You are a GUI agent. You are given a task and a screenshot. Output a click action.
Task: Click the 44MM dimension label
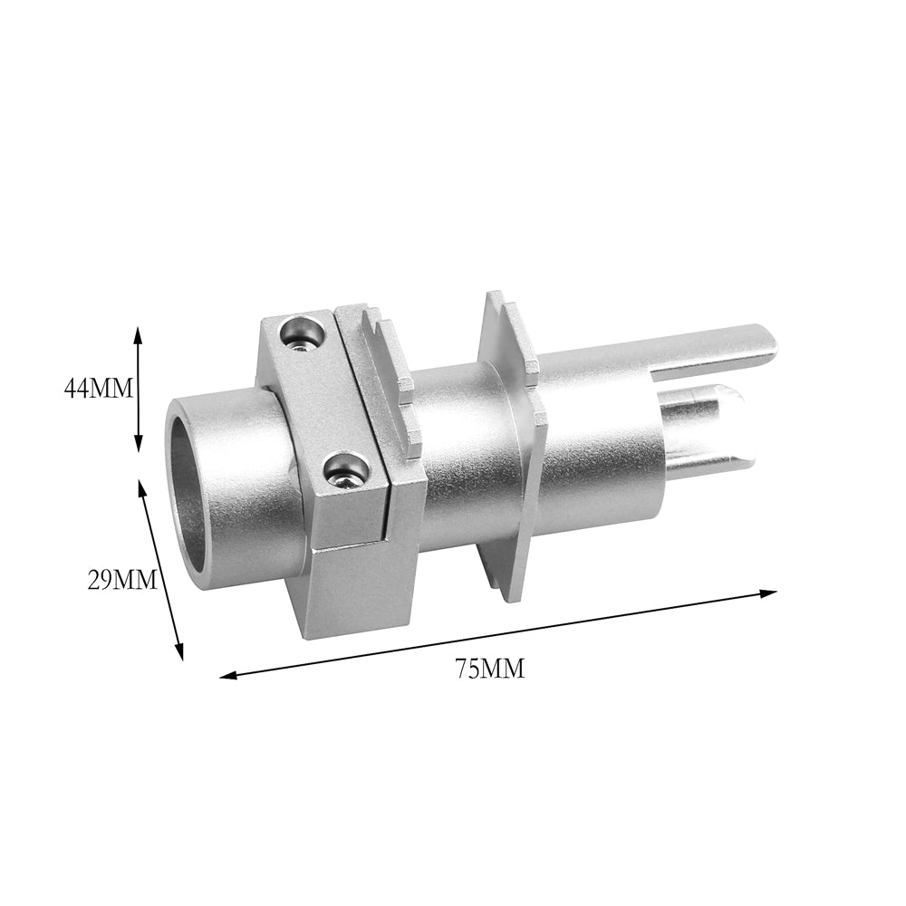98,388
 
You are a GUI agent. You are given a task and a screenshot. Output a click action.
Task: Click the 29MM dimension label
122,580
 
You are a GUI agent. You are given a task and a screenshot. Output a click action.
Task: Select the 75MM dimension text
490,669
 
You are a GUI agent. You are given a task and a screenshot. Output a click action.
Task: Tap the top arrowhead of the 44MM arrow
138,335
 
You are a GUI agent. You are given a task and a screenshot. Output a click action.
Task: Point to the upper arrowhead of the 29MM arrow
141,487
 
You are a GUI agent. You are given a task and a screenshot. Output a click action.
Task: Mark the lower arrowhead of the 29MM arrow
179,650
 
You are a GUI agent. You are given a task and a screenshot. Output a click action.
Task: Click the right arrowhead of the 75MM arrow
767,593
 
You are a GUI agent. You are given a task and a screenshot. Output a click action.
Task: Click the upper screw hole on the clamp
301,334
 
